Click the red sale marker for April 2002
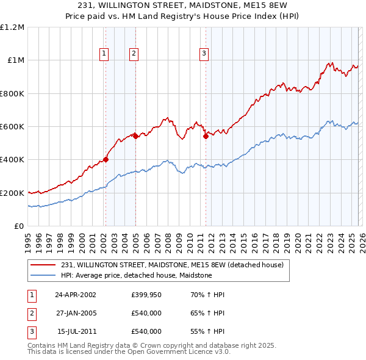(106, 160)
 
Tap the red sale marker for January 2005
(135, 137)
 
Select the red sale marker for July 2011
(206, 137)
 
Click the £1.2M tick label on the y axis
(12, 27)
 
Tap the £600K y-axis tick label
(12, 127)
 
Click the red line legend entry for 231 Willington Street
(172, 265)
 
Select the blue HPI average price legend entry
(136, 276)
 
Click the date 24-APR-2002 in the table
(76, 295)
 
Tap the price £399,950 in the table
(146, 295)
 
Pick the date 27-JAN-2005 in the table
(76, 313)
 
